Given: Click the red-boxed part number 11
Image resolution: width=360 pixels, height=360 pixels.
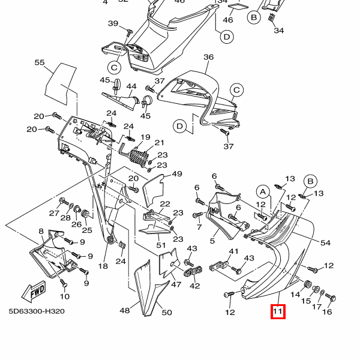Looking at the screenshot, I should pyautogui.click(x=277, y=312).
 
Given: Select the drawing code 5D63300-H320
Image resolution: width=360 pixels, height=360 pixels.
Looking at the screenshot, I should pyautogui.click(x=37, y=311).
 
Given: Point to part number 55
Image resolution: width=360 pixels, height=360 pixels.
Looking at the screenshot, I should pyautogui.click(x=40, y=62).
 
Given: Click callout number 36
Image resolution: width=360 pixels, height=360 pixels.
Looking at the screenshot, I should pyautogui.click(x=208, y=58).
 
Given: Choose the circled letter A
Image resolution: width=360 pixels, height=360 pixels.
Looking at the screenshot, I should pyautogui.click(x=262, y=191).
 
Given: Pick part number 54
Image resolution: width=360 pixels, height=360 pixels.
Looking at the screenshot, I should pyautogui.click(x=325, y=242).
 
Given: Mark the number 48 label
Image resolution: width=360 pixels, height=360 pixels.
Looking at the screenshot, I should pyautogui.click(x=125, y=311).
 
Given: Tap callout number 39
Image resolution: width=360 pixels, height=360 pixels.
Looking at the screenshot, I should pyautogui.click(x=113, y=23).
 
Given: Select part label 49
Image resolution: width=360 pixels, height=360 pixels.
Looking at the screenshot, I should pyautogui.click(x=176, y=174).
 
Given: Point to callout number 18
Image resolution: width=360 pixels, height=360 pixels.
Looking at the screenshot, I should pyautogui.click(x=103, y=266).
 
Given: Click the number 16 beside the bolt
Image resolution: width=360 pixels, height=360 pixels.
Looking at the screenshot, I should pyautogui.click(x=327, y=312).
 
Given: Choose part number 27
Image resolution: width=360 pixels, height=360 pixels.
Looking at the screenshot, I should pyautogui.click(x=54, y=214).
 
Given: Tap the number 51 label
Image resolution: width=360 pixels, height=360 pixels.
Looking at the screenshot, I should pyautogui.click(x=161, y=245).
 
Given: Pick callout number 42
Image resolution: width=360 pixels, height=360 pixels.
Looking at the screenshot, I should pyautogui.click(x=195, y=286).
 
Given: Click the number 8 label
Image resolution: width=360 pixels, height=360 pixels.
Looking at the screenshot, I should pyautogui.click(x=41, y=231).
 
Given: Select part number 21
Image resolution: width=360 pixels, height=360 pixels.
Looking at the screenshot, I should pyautogui.click(x=159, y=143).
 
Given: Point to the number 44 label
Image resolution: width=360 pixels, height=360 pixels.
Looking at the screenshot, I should pyautogui.click(x=131, y=86).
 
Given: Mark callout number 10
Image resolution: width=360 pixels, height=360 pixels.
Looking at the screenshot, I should pyautogui.click(x=65, y=296).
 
